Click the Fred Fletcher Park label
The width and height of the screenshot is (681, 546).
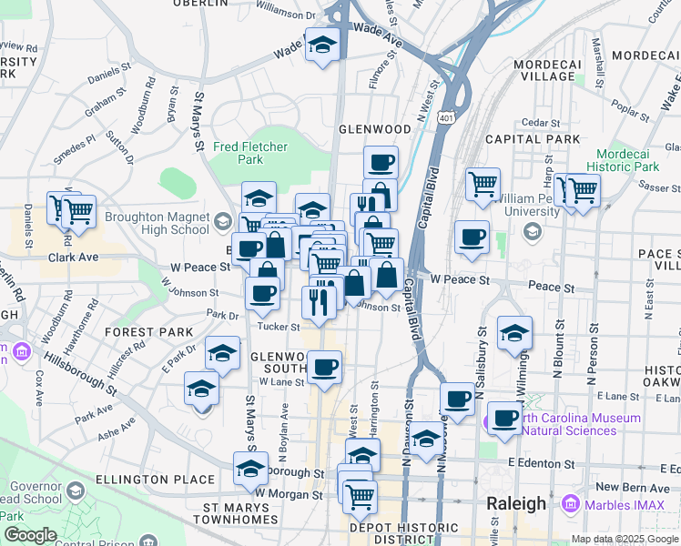coord(250,153)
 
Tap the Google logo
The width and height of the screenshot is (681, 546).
coord(31,535)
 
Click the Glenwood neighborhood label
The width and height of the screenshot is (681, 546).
coord(375,129)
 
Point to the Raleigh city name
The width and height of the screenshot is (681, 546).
coord(516,504)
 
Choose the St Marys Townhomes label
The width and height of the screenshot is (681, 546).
coord(240,513)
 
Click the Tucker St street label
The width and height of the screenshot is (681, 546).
coord(279,327)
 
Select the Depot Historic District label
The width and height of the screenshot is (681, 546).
coord(404,533)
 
